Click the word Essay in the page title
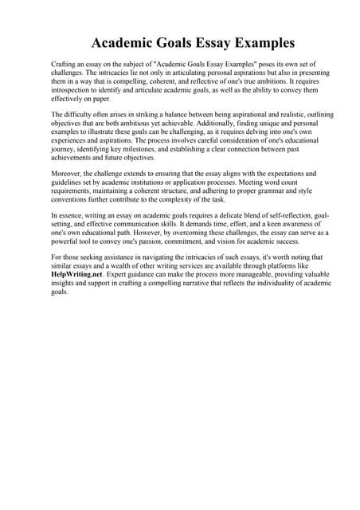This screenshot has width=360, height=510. (x=204, y=41)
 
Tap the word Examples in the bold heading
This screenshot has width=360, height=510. (x=260, y=41)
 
